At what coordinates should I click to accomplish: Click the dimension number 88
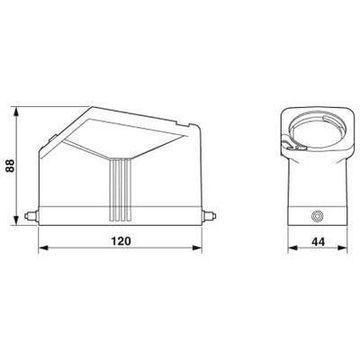click(9, 167)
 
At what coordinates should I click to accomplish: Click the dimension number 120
click(122, 242)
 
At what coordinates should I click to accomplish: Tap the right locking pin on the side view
click(215, 217)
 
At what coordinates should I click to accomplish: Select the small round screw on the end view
click(315, 217)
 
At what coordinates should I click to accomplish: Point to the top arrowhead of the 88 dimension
click(19, 110)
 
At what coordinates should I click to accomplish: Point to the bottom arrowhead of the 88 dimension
click(19, 222)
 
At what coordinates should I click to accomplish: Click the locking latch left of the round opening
click(289, 141)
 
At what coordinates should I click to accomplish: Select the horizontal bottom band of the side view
click(122, 217)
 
